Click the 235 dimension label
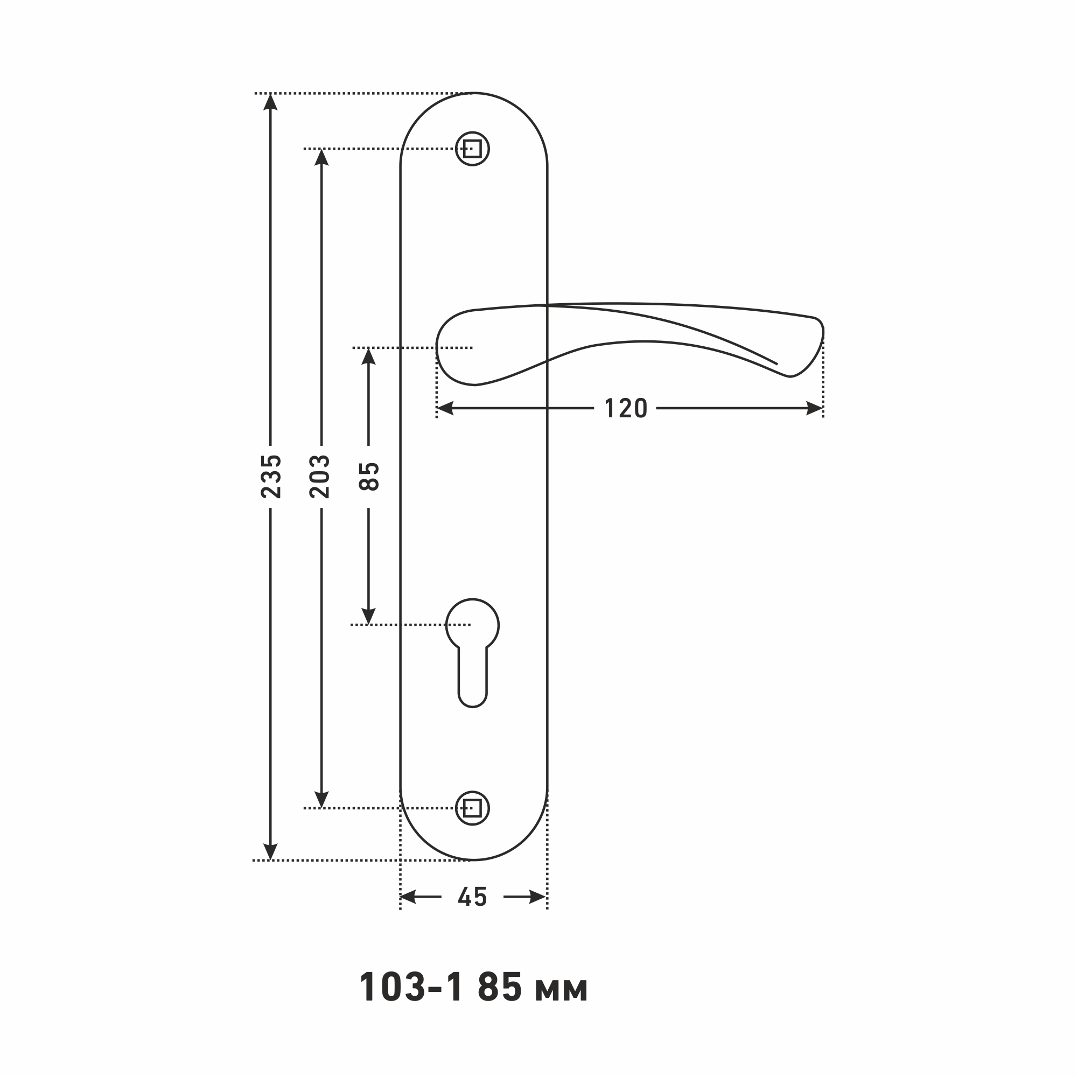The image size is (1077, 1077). [271, 477]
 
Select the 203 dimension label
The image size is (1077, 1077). [320, 477]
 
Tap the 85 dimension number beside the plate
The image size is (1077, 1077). [368, 477]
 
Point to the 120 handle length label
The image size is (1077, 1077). [625, 409]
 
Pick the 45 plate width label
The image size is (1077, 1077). [472, 897]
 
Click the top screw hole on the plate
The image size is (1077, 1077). [472, 149]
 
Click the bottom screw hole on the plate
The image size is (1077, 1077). [472, 808]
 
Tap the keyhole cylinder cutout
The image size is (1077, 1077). [472, 653]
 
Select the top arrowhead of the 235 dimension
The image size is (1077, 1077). [270, 102]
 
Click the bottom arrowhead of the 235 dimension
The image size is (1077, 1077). [270, 851]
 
